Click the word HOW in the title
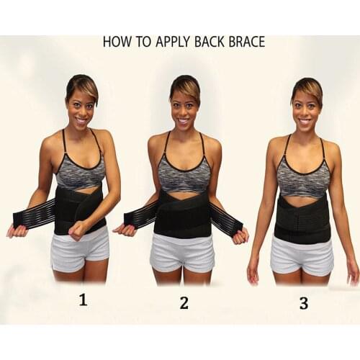coord(115,41)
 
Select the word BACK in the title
coord(208,41)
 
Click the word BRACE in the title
coord(246,41)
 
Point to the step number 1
coord(83,300)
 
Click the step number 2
coord(184,302)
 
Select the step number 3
coord(303,303)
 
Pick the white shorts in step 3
coord(302,256)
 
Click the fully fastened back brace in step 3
coord(302,216)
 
